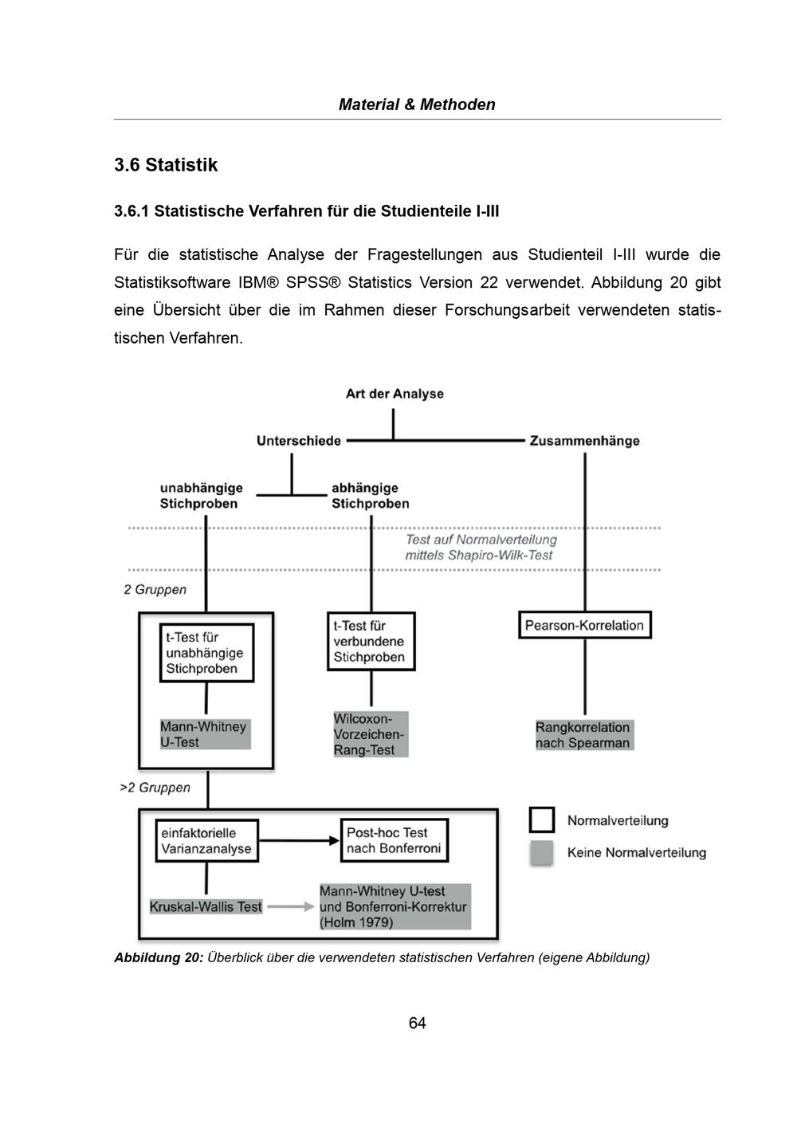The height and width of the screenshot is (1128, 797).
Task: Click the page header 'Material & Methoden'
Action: click(417, 104)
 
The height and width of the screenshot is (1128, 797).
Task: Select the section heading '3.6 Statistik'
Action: click(166, 165)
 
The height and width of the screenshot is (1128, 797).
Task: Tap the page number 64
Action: click(417, 1023)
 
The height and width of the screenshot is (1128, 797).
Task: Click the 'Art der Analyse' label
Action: click(395, 394)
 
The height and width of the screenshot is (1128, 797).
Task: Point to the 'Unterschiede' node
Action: click(299, 441)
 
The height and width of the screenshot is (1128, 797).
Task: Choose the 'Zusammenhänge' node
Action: click(584, 441)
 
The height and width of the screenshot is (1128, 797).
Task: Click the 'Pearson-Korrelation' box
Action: click(584, 625)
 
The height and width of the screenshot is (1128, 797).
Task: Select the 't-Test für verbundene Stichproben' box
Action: click(370, 642)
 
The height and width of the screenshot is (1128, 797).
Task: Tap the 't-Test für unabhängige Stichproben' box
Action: click(206, 653)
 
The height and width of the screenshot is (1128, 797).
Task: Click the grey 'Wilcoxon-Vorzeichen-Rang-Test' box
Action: click(370, 734)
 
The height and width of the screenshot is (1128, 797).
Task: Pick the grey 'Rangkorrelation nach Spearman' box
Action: click(583, 735)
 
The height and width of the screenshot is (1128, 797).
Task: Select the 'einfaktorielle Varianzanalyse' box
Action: click(206, 841)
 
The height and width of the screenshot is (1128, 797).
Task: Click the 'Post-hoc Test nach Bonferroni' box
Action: click(394, 841)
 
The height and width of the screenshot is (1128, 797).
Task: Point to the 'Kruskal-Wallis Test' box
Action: click(206, 906)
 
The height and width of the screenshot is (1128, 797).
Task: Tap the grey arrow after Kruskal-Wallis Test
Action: click(290, 906)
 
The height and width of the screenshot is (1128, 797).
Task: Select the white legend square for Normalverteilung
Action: click(542, 819)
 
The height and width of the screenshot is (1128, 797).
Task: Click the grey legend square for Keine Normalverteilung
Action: click(542, 852)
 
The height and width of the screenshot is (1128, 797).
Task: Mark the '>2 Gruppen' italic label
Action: click(155, 788)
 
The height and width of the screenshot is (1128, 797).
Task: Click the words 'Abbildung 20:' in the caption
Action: click(159, 957)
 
